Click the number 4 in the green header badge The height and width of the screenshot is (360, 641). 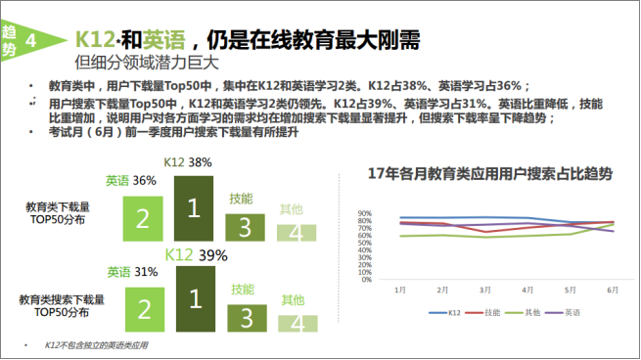34,40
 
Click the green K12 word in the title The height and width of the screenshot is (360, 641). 95,40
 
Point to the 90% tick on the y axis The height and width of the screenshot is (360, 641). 364,213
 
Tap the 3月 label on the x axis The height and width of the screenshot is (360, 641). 484,291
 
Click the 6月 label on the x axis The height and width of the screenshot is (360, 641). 612,291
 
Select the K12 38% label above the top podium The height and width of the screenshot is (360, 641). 188,161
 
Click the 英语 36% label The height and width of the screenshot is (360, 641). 131,181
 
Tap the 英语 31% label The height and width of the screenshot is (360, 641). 132,271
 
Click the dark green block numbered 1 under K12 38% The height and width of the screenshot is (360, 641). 193,207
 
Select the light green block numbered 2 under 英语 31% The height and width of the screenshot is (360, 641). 144,308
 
